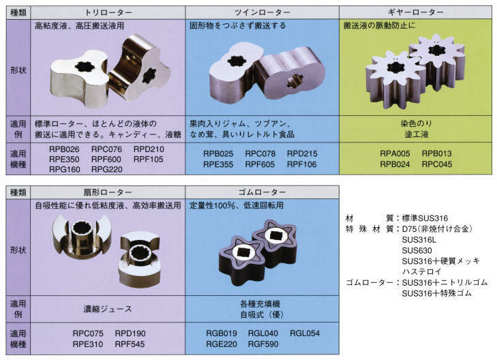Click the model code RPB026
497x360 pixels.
coord(64,149)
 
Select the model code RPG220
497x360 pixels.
coord(107,170)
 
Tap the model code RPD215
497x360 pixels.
coord(302,153)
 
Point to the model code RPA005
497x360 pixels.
coord(395,153)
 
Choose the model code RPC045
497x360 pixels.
coord(437,164)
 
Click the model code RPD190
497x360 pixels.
coord(130,333)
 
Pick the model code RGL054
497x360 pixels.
coord(305,333)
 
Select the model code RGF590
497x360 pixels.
coord(263,344)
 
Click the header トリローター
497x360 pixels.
coord(108,13)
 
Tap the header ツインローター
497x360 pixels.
coord(262,13)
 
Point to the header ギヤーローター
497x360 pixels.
coord(416,12)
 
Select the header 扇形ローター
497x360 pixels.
coord(108,192)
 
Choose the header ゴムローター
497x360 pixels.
coord(262,192)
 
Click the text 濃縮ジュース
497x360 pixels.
coord(108,309)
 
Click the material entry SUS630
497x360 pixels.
coord(417,250)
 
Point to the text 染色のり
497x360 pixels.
coord(416,123)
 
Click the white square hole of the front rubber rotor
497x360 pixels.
coord(244,252)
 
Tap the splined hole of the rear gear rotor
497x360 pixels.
coord(436,50)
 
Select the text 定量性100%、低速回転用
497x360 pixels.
coord(237,205)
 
